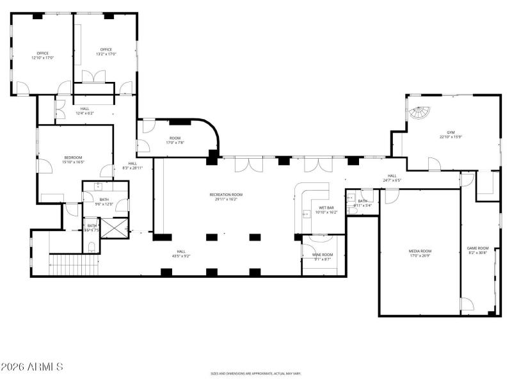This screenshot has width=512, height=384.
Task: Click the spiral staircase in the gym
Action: (x=419, y=114)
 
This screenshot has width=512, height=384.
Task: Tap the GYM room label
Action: (x=451, y=132)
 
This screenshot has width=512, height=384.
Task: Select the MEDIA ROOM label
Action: (x=420, y=251)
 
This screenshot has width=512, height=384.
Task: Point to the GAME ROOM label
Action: (x=477, y=248)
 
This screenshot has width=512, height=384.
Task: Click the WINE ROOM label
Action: (x=322, y=255)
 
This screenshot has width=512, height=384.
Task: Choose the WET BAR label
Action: (x=326, y=208)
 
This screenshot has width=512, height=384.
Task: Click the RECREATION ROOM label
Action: (x=226, y=195)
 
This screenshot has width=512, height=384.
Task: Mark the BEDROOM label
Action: (x=73, y=157)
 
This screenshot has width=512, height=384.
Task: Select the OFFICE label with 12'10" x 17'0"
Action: (x=43, y=53)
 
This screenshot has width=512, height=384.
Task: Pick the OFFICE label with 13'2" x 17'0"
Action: (x=106, y=49)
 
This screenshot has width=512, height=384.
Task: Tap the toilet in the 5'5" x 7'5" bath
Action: (x=92, y=246)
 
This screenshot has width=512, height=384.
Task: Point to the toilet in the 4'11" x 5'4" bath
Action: (x=351, y=209)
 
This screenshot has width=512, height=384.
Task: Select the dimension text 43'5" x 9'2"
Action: (x=181, y=256)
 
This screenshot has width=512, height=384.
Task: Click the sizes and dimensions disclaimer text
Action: (x=256, y=374)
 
